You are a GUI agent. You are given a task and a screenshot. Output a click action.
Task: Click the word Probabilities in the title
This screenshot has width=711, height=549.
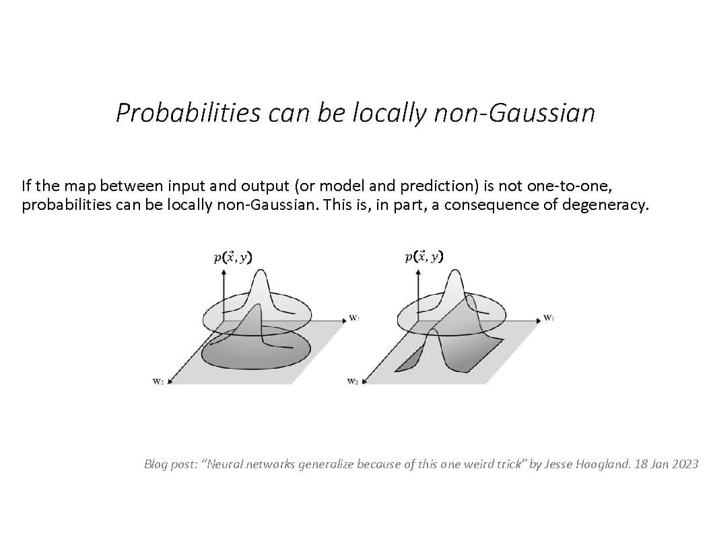click(188, 113)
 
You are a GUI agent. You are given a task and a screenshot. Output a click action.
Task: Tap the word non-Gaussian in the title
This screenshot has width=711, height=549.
click(514, 113)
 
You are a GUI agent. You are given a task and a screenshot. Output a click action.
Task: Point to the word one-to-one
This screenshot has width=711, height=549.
click(569, 186)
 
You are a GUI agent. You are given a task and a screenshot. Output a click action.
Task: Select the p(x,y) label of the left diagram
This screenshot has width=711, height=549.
click(232, 257)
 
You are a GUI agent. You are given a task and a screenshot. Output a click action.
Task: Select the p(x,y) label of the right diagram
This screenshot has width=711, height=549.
click(424, 257)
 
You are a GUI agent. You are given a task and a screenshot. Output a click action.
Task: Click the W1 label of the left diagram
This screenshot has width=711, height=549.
click(354, 318)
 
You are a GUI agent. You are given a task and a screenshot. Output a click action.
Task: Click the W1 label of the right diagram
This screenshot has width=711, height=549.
click(549, 318)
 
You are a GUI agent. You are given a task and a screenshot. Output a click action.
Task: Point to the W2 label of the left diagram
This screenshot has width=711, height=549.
click(158, 381)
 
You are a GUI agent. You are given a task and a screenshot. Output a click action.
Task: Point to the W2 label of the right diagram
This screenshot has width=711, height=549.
click(352, 381)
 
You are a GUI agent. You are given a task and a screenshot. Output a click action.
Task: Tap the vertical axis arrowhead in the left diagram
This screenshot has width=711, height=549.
click(224, 272)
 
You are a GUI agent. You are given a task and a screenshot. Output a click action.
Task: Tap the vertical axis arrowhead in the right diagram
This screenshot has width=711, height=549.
click(418, 272)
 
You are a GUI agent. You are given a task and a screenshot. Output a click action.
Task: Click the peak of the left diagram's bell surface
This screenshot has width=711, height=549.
click(261, 270)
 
